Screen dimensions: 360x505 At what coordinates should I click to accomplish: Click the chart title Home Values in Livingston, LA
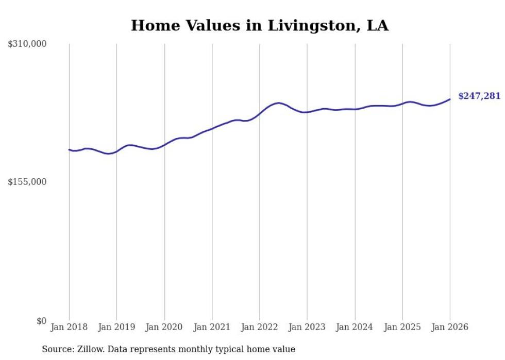point(260,25)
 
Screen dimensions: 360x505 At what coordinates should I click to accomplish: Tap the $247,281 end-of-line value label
point(479,96)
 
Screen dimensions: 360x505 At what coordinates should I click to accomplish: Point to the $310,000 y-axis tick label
point(27,44)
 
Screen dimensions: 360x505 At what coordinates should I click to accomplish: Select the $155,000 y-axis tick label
point(27,182)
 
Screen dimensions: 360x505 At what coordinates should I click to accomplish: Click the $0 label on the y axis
point(41,321)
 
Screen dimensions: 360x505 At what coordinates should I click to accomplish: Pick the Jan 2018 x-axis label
point(69,327)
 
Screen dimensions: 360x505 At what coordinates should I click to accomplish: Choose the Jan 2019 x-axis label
point(116,327)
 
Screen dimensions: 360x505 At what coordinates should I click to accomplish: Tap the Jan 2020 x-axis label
point(164,327)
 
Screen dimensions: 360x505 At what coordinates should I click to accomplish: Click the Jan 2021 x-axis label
point(212,327)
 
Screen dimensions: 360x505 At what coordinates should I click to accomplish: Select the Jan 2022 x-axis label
point(260,327)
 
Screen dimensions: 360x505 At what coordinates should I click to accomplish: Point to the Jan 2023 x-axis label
point(307,327)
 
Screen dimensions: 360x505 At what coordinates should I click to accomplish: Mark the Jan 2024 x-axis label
point(355,327)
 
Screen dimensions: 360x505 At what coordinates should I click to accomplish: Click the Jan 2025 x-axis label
point(402,327)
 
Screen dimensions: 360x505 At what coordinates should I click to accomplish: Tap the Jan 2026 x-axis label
point(450,327)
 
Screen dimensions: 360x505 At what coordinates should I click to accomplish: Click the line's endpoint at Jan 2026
point(450,99)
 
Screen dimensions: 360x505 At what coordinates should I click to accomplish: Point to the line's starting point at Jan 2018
point(69,149)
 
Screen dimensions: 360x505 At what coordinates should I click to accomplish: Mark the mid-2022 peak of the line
point(279,103)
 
